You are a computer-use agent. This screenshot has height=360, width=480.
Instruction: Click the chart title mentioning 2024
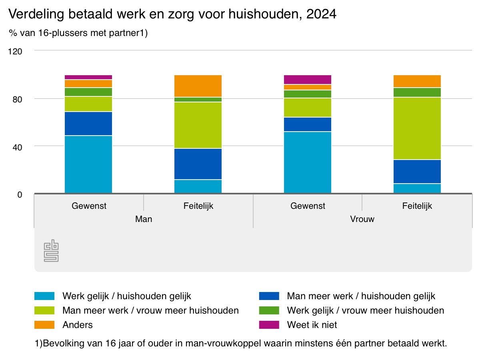(x=172, y=15)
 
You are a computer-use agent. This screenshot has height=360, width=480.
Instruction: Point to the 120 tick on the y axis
(x=17, y=51)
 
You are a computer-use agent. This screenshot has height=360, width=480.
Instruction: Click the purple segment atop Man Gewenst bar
(x=88, y=77)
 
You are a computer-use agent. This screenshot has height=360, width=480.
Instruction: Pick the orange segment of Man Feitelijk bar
(x=198, y=86)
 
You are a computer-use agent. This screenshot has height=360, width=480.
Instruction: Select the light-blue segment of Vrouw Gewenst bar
(x=308, y=162)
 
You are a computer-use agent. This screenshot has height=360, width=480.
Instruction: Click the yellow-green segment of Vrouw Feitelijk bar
(x=417, y=128)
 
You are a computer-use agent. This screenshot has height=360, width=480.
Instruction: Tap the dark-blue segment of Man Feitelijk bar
(x=198, y=164)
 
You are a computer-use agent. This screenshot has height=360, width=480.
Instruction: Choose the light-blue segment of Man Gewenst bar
(x=88, y=164)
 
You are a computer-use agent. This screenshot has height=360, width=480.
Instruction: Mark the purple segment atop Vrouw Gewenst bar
(x=308, y=80)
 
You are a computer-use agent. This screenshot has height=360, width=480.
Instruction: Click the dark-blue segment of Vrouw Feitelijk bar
(x=417, y=172)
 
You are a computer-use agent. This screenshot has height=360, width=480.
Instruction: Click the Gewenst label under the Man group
(x=89, y=206)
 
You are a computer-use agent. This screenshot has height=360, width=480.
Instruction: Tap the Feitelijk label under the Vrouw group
(x=417, y=206)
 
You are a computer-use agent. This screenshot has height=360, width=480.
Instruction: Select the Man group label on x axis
(x=144, y=220)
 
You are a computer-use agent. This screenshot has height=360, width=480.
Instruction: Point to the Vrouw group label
(x=362, y=220)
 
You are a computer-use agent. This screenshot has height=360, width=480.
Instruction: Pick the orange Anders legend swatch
(x=44, y=325)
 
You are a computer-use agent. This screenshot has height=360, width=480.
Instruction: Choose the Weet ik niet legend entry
(x=312, y=325)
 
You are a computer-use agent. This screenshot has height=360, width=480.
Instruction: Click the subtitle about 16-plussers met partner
(x=78, y=34)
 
